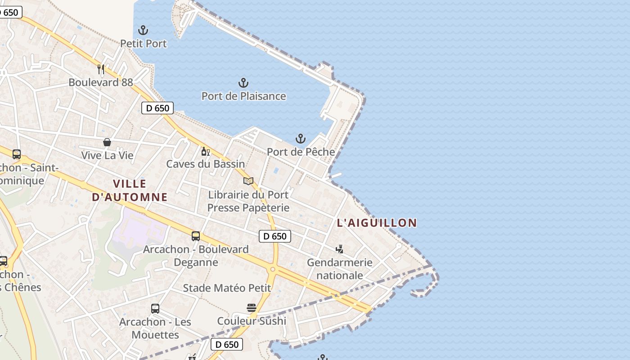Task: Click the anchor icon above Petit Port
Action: pos(143,31)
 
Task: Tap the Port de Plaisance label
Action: pos(243,96)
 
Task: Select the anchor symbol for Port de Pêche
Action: pos(301,139)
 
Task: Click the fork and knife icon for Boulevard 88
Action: pos(101,69)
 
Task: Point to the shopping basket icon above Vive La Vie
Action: pos(107,142)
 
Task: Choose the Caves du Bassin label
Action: pos(206,164)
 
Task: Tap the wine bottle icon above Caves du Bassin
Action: pos(206,151)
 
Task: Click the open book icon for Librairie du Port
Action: pos(248,181)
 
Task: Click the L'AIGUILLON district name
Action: pos(377,223)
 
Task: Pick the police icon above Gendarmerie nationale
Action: pos(340,249)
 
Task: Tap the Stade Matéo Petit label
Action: pos(227,288)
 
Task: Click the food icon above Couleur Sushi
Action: pos(252,308)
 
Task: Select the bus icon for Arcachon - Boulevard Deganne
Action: pos(196,236)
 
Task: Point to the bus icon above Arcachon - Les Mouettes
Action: pos(155,309)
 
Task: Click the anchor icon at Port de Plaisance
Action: pos(243,83)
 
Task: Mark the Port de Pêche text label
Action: pos(301,152)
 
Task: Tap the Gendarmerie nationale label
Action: pos(340,269)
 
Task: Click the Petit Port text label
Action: pos(143,44)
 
